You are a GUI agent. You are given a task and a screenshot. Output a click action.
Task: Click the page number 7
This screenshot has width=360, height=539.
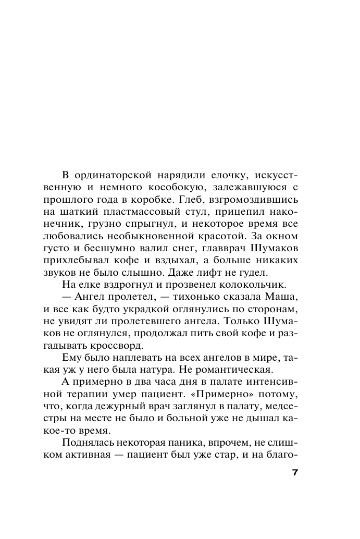tap(295, 473)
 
